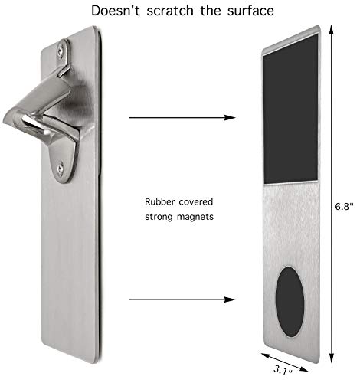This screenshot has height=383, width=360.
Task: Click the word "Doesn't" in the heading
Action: [x=116, y=11]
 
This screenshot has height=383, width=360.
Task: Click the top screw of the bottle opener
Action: [x=61, y=51]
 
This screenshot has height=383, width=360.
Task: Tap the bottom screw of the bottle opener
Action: [x=60, y=168]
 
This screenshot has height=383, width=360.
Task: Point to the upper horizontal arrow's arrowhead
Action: [x=230, y=117]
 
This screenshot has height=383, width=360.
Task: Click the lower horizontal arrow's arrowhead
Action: [x=230, y=300]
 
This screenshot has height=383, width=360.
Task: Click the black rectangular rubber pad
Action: [x=291, y=110]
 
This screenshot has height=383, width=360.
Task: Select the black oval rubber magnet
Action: [x=290, y=302]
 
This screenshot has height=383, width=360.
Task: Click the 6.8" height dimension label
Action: [x=345, y=206]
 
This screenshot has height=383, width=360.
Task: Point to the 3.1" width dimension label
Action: [x=283, y=370]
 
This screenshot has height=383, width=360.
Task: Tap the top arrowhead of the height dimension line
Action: [x=332, y=30]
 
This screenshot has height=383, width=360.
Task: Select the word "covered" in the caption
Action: [x=196, y=201]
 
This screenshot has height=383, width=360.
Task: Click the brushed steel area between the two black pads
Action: [x=291, y=224]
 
